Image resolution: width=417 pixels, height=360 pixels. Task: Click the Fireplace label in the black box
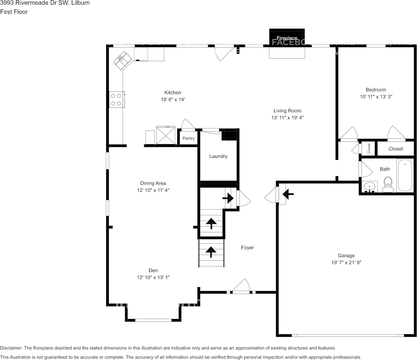coord(287,38)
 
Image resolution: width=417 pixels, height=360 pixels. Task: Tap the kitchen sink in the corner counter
coord(122,60)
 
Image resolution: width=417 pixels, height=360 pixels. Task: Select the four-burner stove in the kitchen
coord(116,100)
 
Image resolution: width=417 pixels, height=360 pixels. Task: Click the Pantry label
coord(188,139)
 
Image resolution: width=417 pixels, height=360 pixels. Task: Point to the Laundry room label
coord(218,156)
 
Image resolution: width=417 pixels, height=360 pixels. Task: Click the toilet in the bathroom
coord(388,184)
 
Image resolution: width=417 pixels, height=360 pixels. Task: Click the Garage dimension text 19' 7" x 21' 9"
coord(346,263)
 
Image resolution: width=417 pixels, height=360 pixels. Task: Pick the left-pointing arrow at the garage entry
coord(288,195)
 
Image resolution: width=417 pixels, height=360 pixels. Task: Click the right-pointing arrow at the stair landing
coord(228,198)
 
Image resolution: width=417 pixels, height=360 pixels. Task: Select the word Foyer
coord(247,248)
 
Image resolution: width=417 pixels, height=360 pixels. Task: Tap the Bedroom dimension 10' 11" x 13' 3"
coord(376,97)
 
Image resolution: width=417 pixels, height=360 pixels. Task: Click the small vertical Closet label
coord(369,148)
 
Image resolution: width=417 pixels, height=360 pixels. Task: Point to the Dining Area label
coord(153,183)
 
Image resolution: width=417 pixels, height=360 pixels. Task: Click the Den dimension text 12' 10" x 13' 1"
coord(153,277)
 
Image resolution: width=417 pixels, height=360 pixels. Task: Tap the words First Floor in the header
coord(14,12)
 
